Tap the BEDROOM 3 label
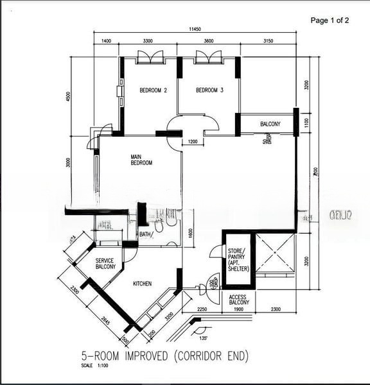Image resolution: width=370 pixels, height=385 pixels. [x=209, y=90]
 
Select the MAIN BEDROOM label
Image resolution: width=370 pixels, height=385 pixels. [x=141, y=160]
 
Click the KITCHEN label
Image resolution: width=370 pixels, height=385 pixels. [x=142, y=282]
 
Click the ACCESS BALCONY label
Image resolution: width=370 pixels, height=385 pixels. [x=239, y=300]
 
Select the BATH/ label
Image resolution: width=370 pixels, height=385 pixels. [x=146, y=234]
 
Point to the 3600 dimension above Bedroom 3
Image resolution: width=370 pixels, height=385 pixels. [x=208, y=41]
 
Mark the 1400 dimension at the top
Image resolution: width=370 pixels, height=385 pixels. [x=107, y=41]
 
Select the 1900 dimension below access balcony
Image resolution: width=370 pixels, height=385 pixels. [x=238, y=310]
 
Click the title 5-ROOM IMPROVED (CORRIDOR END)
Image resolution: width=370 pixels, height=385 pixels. [x=164, y=355]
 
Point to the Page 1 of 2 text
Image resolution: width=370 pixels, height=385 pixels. [x=330, y=21]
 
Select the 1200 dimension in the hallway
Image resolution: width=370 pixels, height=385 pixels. [x=193, y=142]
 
